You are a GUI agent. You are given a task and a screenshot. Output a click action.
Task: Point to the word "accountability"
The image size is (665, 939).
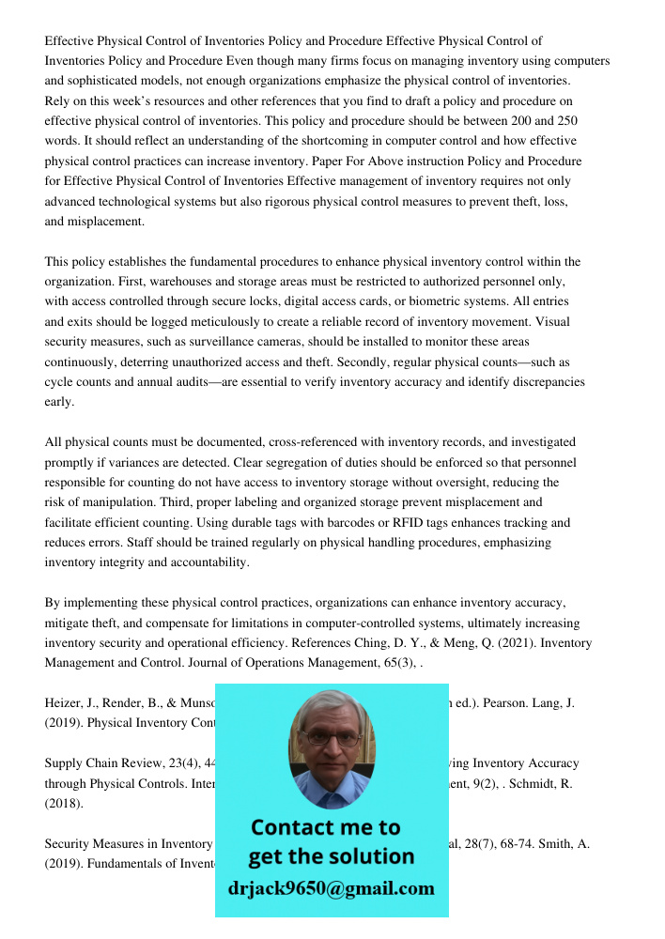(206, 562)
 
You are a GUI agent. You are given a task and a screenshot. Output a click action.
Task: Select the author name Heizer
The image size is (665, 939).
(64, 704)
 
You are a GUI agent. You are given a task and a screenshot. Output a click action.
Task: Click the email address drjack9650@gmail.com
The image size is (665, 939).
(331, 888)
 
